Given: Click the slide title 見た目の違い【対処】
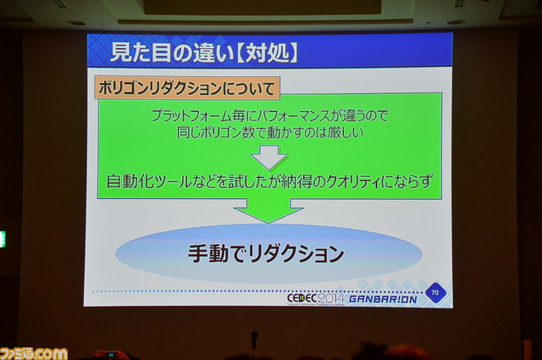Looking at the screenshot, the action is point(204,53).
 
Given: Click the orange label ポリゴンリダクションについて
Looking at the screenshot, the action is point(187,88).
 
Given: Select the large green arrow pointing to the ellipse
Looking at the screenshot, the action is point(268,211).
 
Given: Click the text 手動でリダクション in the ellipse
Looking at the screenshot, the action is point(266,253).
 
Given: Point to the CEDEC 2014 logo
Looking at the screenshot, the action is point(316,299).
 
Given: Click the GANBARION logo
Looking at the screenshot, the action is point(383,299).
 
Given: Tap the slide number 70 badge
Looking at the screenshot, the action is point(434,292).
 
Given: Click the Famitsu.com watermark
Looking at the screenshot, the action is point(34,353).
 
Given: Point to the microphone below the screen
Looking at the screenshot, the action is point(254,340).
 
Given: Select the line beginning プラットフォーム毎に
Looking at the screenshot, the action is point(269,116).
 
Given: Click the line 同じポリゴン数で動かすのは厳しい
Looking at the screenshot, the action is point(270,133).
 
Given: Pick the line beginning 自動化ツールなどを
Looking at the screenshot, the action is point(269,181).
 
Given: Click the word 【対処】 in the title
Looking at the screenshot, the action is point(268,53).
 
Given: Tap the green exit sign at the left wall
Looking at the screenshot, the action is point(3,240).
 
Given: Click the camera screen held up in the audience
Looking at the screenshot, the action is point(111,355).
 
